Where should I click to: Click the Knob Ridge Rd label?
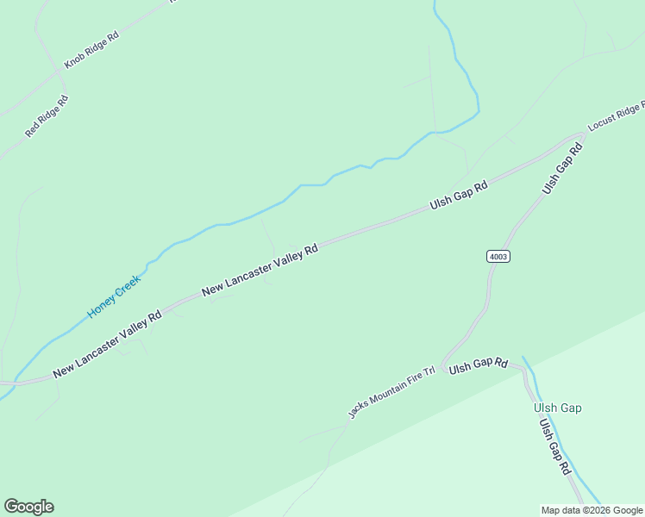pyautogui.click(x=91, y=50)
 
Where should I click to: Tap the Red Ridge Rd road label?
pyautogui.click(x=46, y=116)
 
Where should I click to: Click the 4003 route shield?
pyautogui.click(x=498, y=256)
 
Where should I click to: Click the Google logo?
pyautogui.click(x=28, y=507)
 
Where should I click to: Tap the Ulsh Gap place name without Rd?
pyautogui.click(x=557, y=408)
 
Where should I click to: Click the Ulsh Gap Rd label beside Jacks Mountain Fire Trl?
pyautogui.click(x=479, y=365)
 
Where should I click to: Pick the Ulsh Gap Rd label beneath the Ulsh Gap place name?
pyautogui.click(x=554, y=445)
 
